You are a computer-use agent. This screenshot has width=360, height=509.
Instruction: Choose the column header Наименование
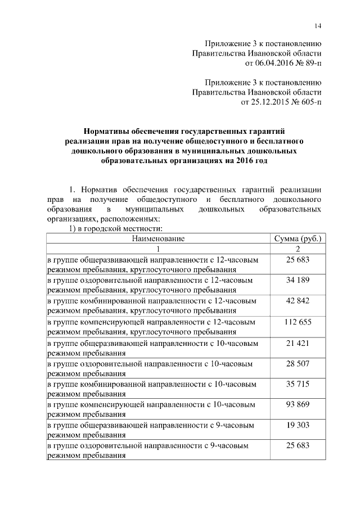pos(158,238)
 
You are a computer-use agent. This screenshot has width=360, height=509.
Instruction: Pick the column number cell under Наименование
pos(158,249)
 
